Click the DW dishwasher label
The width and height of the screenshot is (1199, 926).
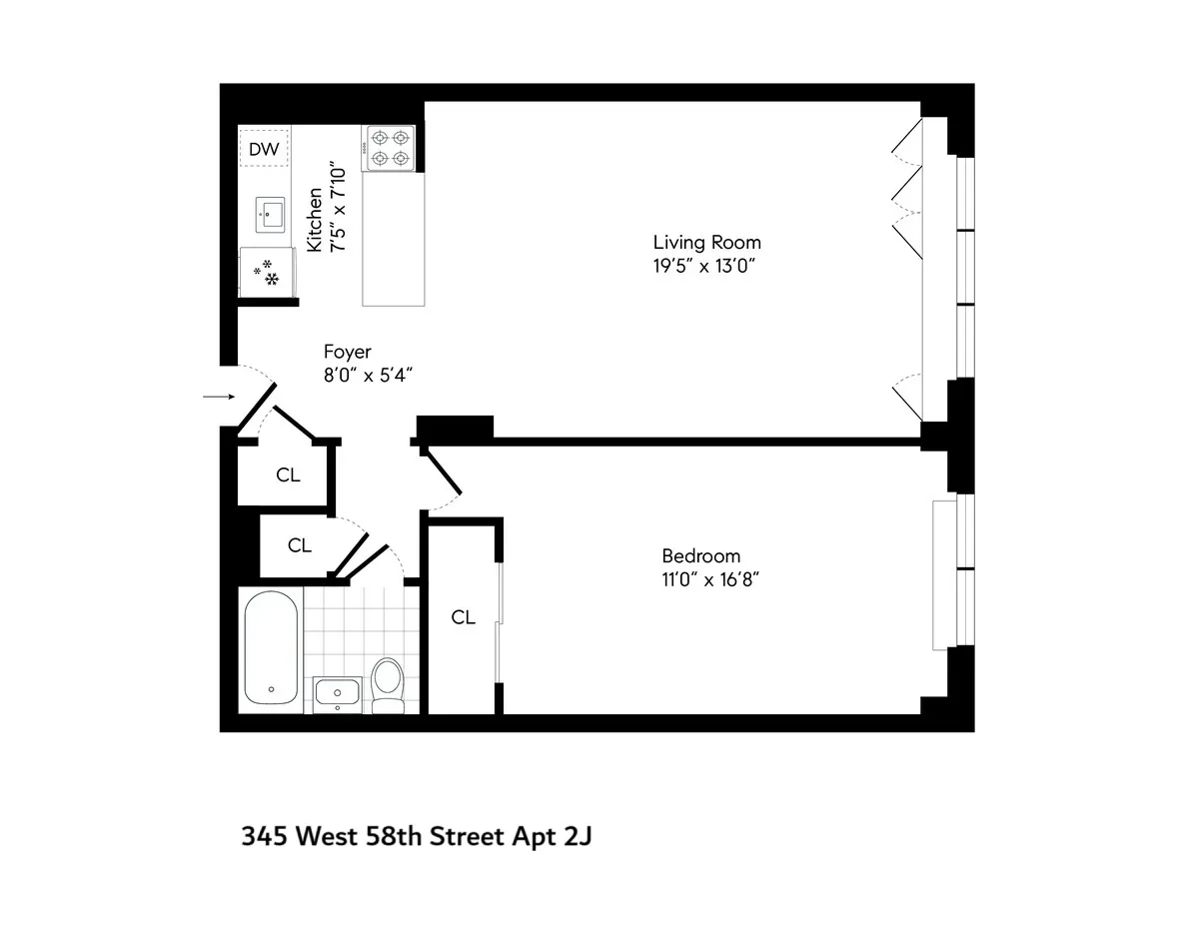[x=264, y=150]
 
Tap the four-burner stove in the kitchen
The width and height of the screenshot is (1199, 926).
[x=390, y=148]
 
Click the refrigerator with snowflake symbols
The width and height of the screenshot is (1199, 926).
[x=267, y=272]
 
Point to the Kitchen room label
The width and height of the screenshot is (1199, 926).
[x=315, y=220]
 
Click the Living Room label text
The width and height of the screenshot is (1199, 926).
[x=706, y=242]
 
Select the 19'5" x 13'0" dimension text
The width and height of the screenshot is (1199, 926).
[x=706, y=266]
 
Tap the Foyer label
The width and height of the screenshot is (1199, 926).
[x=347, y=352]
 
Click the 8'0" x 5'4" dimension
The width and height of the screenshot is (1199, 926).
[x=368, y=375]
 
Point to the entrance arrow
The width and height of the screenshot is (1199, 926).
[x=218, y=398]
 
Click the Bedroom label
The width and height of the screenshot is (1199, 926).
[x=700, y=556]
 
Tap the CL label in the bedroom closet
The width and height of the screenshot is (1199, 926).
[x=463, y=617]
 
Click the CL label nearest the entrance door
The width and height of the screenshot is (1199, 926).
[x=288, y=475]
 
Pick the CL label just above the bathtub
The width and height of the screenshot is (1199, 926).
[x=300, y=545]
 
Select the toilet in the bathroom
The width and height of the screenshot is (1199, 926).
[x=386, y=683]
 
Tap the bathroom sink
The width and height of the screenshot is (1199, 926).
[x=338, y=692]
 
